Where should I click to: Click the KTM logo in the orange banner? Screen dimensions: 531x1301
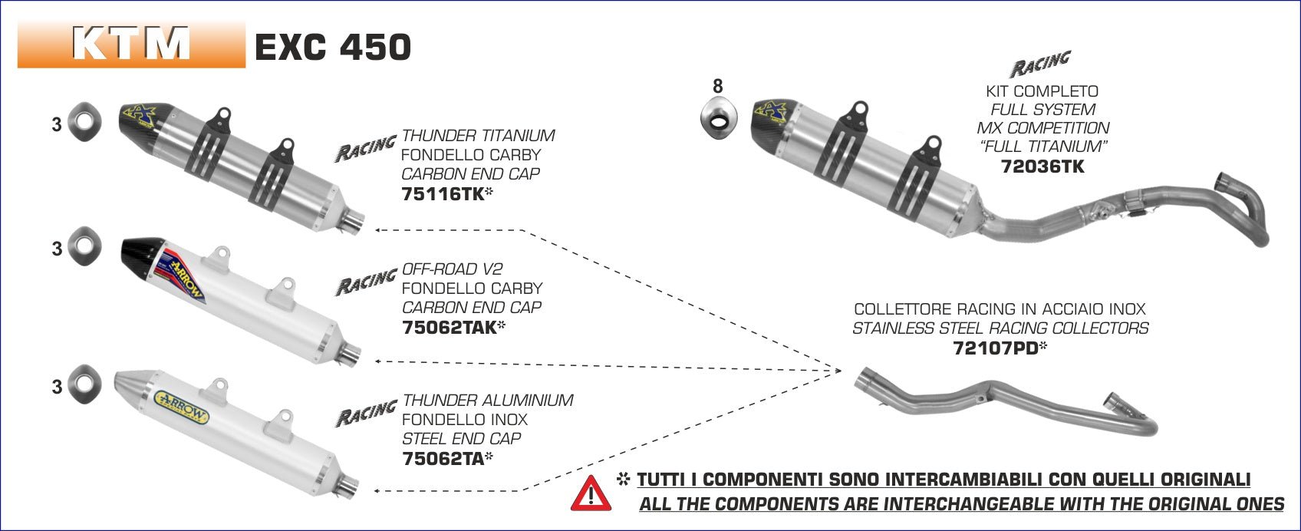pos(131,45)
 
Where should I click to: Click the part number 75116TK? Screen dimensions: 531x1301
pos(442,194)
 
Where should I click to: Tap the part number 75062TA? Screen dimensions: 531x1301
pos(443,459)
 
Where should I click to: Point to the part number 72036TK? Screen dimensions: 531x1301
pos(1042,166)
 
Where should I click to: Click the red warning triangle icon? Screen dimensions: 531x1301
pos(591,493)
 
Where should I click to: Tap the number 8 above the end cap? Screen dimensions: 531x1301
pos(717,86)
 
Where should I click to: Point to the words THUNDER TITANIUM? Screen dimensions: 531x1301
pos(478,136)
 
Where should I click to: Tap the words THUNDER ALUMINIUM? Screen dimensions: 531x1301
pos(488,400)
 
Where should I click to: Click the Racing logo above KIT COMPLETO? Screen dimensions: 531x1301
pos(1040,64)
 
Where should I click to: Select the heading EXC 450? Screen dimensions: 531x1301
pos(332,47)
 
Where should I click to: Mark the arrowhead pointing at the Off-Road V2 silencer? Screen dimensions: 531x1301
pos(378,361)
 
